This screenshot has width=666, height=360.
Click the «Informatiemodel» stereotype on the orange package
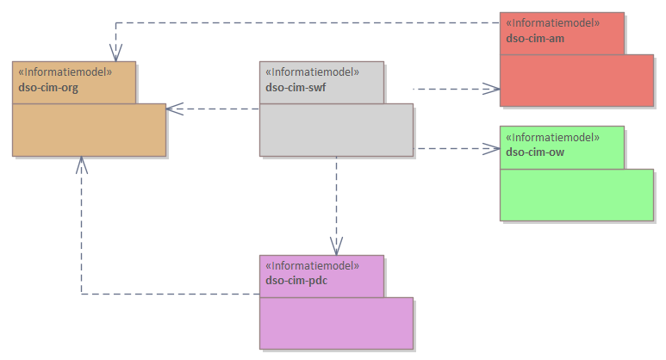click(x=65, y=72)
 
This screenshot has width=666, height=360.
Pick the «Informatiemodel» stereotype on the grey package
click(x=313, y=72)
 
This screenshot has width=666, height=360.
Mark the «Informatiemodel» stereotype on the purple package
click(x=313, y=266)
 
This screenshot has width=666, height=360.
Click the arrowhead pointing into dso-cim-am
click(x=493, y=88)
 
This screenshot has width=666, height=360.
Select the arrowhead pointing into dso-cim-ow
click(x=493, y=148)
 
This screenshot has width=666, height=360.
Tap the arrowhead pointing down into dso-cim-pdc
click(x=336, y=248)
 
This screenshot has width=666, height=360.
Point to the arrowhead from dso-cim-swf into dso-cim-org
click(x=173, y=109)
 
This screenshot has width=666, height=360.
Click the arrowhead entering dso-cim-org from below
click(x=81, y=164)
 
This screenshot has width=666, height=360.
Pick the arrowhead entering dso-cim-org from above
click(x=113, y=54)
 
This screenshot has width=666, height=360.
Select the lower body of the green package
click(x=576, y=195)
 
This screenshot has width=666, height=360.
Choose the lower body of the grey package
click(x=336, y=130)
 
